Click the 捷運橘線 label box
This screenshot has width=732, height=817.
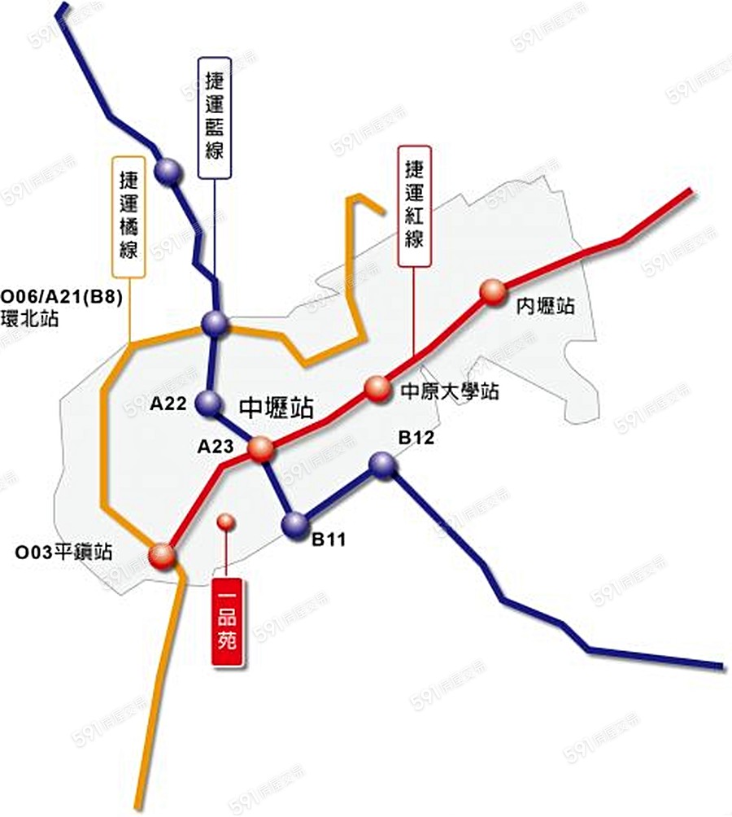(129, 215)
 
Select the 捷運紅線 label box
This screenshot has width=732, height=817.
(414, 207)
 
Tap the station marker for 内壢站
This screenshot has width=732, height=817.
(492, 291)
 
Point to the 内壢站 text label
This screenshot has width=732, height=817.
(546, 307)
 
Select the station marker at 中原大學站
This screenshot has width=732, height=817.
(377, 388)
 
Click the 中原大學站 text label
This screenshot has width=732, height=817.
(450, 391)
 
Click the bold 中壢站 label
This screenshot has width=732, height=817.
(276, 407)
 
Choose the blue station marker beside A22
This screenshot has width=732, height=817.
(209, 402)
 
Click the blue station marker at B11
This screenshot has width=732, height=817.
(294, 524)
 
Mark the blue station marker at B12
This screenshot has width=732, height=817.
(382, 464)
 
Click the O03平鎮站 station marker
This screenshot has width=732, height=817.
(162, 556)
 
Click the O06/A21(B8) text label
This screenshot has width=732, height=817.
(62, 298)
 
